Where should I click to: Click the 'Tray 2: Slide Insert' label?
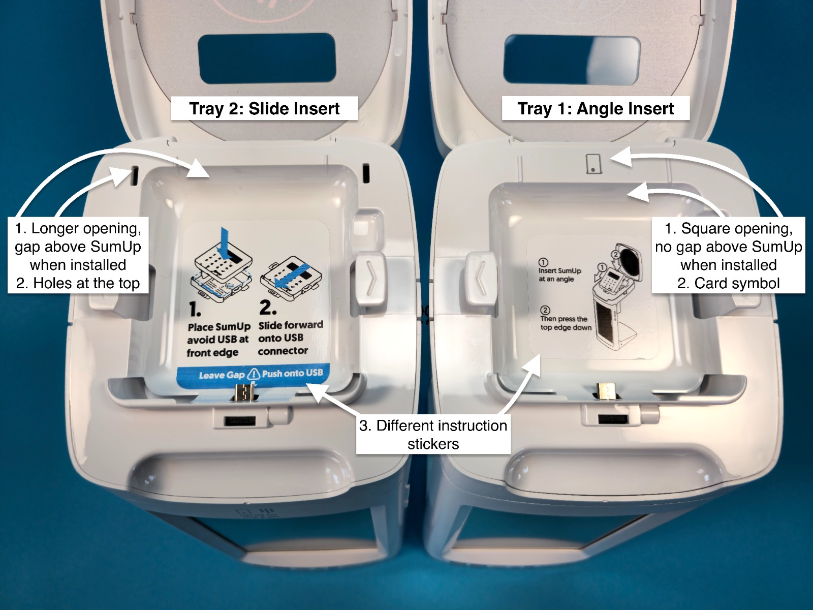click(264, 108)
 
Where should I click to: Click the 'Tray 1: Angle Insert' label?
click(596, 108)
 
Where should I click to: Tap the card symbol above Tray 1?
click(593, 164)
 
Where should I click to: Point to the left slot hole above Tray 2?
click(135, 175)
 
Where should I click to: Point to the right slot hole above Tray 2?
click(366, 173)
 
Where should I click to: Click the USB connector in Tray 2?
click(244, 392)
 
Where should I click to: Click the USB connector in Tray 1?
click(606, 391)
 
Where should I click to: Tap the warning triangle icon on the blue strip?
click(254, 374)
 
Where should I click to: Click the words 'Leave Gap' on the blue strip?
click(222, 375)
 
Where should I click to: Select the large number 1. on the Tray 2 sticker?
click(195, 309)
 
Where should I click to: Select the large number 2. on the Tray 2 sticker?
click(267, 307)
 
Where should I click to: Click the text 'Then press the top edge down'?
click(565, 323)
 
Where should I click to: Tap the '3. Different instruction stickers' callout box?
click(433, 435)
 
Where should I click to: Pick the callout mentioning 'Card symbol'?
click(728, 256)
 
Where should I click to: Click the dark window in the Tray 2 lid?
click(267, 58)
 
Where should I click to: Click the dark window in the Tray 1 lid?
click(572, 60)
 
